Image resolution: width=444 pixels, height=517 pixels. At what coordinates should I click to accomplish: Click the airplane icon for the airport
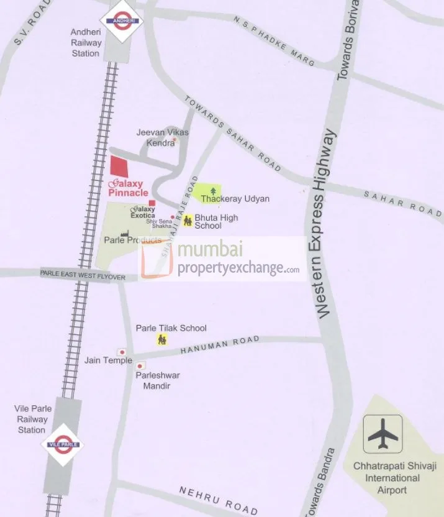click(383, 434)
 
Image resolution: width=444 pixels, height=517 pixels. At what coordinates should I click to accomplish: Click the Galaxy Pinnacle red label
click(127, 188)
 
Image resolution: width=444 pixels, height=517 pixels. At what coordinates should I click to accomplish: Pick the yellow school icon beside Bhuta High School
click(187, 221)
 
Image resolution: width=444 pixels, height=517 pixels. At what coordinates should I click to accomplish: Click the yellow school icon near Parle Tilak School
click(162, 339)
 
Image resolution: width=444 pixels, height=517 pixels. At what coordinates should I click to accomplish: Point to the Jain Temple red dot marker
click(122, 352)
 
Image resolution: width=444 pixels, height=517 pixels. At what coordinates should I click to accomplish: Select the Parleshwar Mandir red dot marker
click(140, 366)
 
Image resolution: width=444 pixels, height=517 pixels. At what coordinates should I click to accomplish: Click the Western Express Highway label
click(326, 224)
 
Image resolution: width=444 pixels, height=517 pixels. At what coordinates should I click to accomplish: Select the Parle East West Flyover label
click(83, 275)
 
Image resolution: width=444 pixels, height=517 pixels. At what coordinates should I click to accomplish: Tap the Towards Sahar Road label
click(233, 134)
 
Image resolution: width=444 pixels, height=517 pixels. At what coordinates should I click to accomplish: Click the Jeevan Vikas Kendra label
click(162, 137)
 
